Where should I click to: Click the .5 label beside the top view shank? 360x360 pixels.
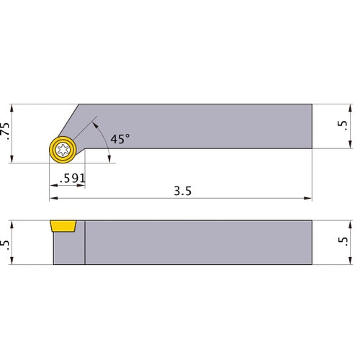point(343,127)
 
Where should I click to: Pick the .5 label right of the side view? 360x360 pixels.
point(343,242)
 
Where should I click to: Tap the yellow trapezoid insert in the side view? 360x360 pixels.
point(63,227)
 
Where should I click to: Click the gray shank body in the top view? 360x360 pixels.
point(216,127)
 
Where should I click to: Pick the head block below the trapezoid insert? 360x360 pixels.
point(68,249)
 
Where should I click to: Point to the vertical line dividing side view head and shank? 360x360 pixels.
point(85,243)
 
